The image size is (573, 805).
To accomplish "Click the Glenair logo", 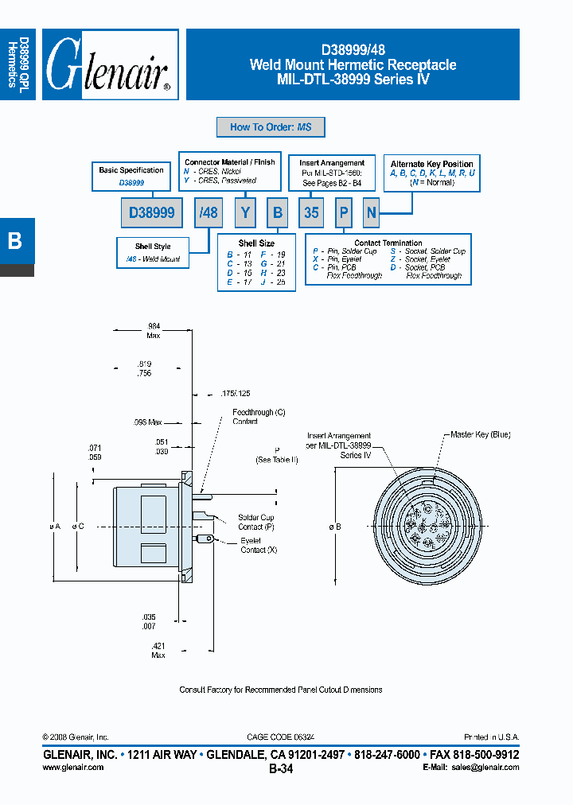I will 110,65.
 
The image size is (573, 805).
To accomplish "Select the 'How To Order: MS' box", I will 271,127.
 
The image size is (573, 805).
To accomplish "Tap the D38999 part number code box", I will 152,213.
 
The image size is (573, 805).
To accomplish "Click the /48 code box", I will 209,213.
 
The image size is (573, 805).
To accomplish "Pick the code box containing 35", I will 311,213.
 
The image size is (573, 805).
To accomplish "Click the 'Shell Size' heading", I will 256,243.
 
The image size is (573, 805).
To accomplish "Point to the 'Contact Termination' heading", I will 388,243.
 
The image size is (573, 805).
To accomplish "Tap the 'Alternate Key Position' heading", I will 432,164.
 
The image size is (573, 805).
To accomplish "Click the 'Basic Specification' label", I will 131,170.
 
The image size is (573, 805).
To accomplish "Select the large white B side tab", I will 15,240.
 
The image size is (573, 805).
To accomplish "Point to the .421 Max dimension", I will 158,650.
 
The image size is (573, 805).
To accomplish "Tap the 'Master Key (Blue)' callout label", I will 480,434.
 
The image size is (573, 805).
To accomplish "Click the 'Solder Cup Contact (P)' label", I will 255,522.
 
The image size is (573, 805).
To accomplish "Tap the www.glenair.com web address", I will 72,768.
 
